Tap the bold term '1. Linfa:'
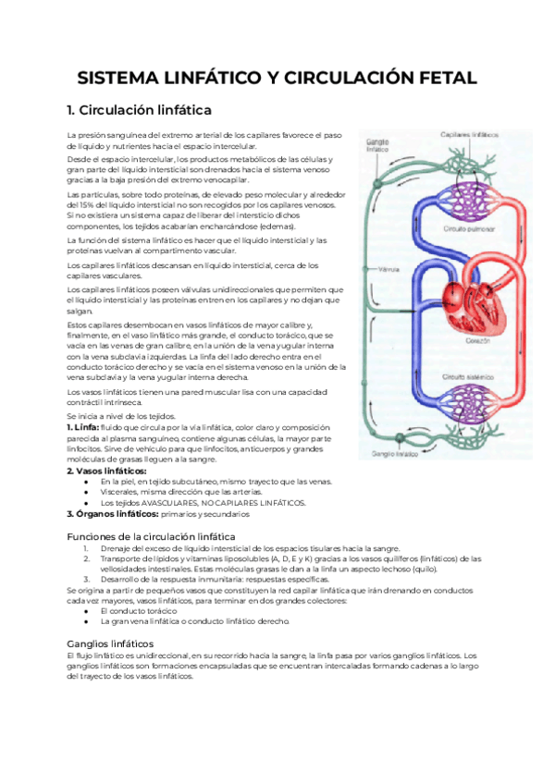(x=83, y=428)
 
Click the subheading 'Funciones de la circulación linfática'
(x=151, y=537)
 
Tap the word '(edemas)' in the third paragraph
(x=277, y=226)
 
